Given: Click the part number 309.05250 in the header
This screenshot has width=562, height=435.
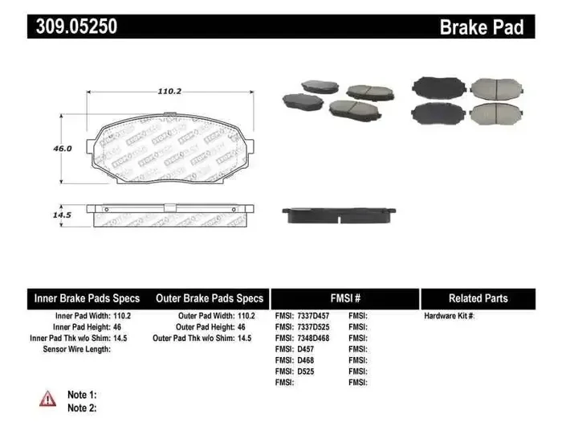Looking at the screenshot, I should point(76,27).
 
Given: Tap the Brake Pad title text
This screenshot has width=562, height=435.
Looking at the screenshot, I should point(481,27).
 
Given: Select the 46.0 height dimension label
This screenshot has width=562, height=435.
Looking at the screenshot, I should point(63,149).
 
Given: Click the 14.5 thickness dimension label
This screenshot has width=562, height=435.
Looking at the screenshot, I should point(63,215).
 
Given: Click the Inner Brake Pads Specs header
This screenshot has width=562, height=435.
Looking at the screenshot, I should point(87,298).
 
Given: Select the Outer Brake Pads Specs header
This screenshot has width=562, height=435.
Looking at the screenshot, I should point(209,298).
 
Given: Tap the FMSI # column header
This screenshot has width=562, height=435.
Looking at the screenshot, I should point(345,298).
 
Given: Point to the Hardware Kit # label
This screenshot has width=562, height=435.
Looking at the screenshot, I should point(449,316).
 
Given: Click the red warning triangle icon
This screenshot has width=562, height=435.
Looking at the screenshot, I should point(48,398).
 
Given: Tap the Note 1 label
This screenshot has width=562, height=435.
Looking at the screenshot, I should point(82,395).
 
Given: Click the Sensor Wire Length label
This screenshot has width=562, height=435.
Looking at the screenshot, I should point(75,350).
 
